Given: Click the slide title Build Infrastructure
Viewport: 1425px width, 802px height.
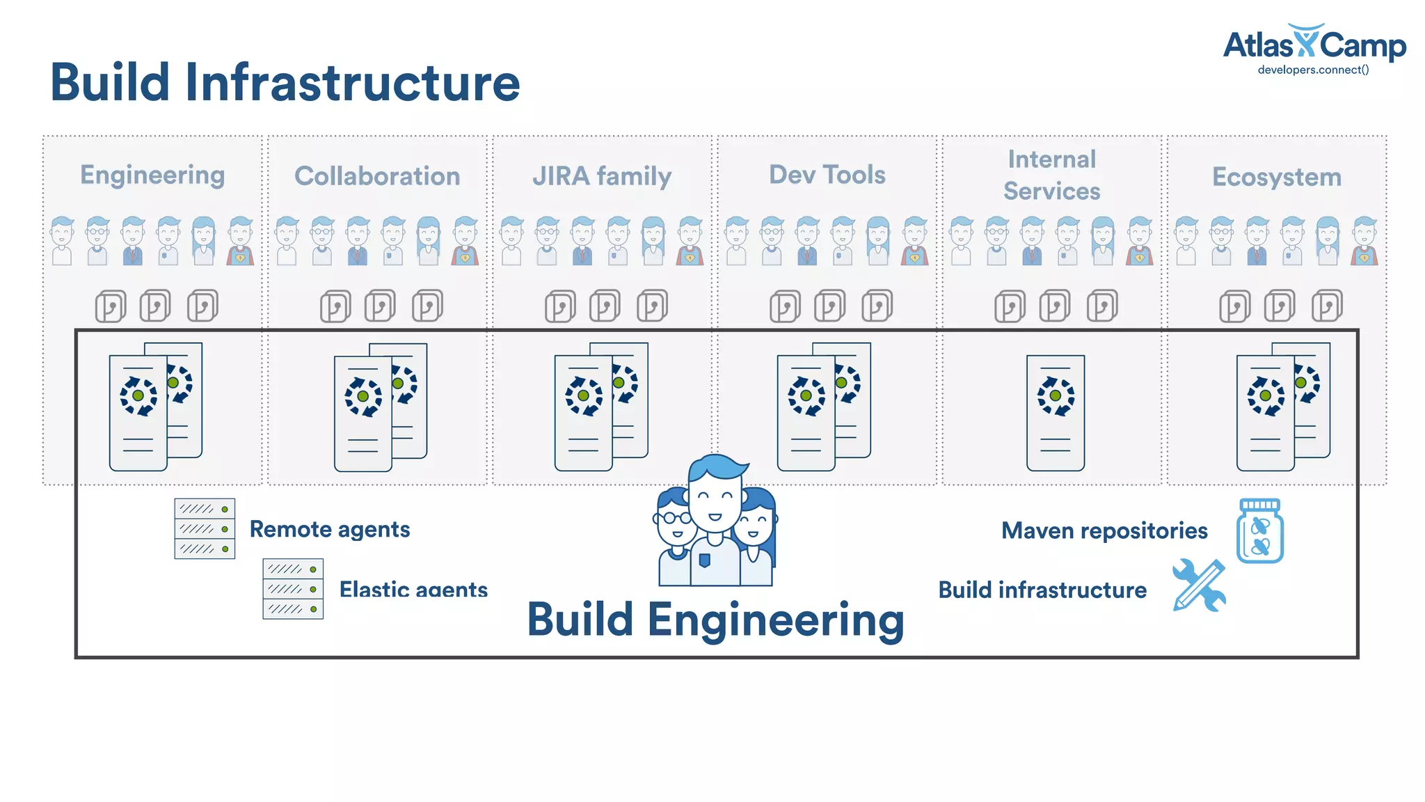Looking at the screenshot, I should pyautogui.click(x=285, y=83).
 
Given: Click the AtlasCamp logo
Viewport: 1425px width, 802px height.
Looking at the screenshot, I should pyautogui.click(x=1314, y=45).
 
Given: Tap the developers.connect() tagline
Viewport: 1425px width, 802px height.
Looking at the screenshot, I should pyautogui.click(x=1313, y=70).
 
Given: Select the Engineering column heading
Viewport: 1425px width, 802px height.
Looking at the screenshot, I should pyautogui.click(x=152, y=175).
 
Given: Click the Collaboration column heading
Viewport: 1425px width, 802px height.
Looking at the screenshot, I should pyautogui.click(x=377, y=176).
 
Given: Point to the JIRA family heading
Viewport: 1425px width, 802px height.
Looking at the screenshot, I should pyautogui.click(x=602, y=176).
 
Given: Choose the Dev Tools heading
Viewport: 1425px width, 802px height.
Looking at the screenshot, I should pyautogui.click(x=827, y=175).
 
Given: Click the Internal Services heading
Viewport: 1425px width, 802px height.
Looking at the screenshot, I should pyautogui.click(x=1051, y=175).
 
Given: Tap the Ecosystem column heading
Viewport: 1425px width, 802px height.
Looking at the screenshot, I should pyautogui.click(x=1277, y=177).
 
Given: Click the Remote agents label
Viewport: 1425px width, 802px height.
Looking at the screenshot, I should pyautogui.click(x=330, y=529).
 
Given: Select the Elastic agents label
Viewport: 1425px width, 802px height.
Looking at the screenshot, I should pyautogui.click(x=413, y=589).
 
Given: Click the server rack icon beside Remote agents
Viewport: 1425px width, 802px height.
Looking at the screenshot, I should pyautogui.click(x=205, y=528).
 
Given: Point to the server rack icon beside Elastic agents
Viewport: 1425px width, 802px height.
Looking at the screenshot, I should pyautogui.click(x=293, y=589).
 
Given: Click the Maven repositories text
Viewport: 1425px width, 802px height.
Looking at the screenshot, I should pyautogui.click(x=1104, y=530).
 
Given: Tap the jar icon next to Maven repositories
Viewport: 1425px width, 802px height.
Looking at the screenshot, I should pyautogui.click(x=1260, y=531).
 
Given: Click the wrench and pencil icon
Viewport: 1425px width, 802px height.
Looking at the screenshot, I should pyautogui.click(x=1199, y=585).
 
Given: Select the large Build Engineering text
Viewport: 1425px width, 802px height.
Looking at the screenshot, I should pyautogui.click(x=715, y=620).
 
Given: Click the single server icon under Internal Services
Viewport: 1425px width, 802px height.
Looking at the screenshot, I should pyautogui.click(x=1056, y=413).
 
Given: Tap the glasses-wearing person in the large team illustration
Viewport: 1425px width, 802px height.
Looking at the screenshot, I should pyautogui.click(x=674, y=536).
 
